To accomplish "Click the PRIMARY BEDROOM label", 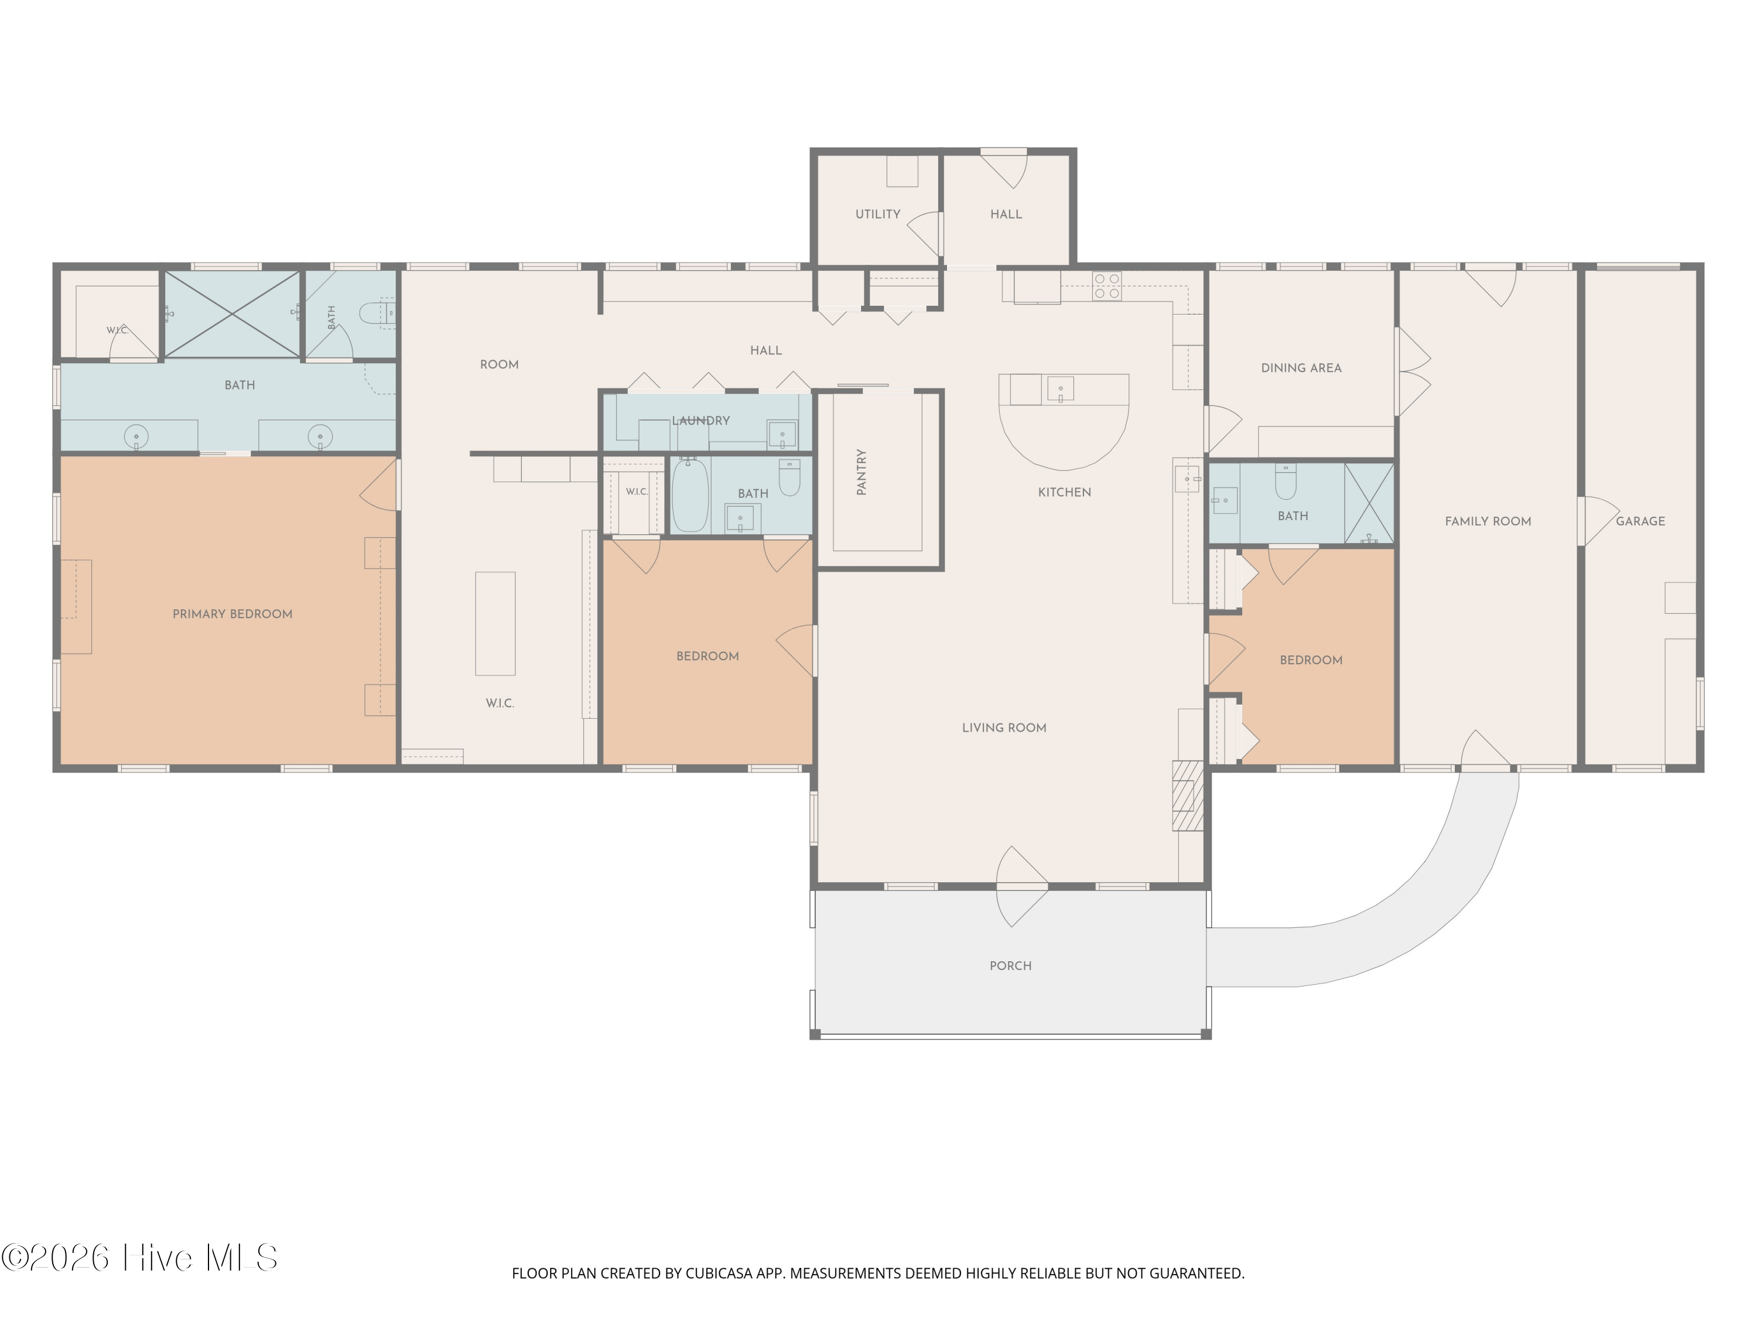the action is coord(232,614).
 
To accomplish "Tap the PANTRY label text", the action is coord(862,472).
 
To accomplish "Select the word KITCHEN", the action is coord(1064,493).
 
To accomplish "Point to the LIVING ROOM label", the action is coord(1004,728).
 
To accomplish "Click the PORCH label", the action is coord(1010,966).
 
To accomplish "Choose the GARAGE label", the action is coord(1640,521).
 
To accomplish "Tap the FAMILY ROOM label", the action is coord(1488,521).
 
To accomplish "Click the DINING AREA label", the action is coord(1301,368).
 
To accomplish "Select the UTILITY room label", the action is coord(878,214).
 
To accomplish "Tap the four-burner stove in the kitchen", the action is coord(1106,286).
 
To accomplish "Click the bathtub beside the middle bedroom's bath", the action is coord(691,496).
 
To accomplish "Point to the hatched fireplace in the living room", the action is coord(1188,796).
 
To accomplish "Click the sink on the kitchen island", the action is coord(1061,390).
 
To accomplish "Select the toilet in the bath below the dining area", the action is coord(1285,482).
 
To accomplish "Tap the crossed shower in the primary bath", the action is coord(232,314).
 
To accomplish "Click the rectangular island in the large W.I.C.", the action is coord(495,624).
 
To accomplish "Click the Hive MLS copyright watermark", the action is coord(140,1258).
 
